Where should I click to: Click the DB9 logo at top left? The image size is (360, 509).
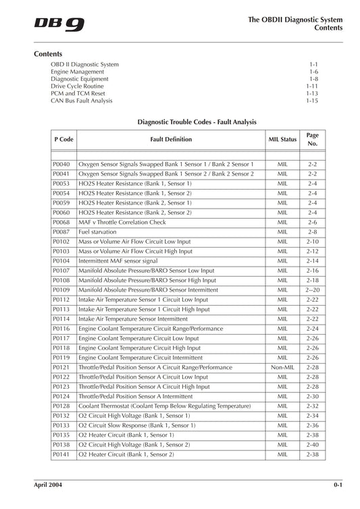(59, 24)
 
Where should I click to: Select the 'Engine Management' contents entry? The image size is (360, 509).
(77, 72)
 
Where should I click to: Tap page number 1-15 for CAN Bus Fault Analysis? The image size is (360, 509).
(311, 101)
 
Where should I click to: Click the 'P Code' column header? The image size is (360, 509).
(63, 140)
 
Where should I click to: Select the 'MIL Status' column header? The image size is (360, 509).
(282, 140)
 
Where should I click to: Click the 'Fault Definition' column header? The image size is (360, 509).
(170, 140)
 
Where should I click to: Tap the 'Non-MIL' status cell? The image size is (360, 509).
(282, 367)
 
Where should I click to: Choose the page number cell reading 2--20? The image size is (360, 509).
(312, 290)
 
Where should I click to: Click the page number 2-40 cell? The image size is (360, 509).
(312, 445)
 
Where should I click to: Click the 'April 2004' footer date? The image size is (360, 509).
(49, 485)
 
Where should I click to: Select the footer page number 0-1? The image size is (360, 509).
(337, 485)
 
